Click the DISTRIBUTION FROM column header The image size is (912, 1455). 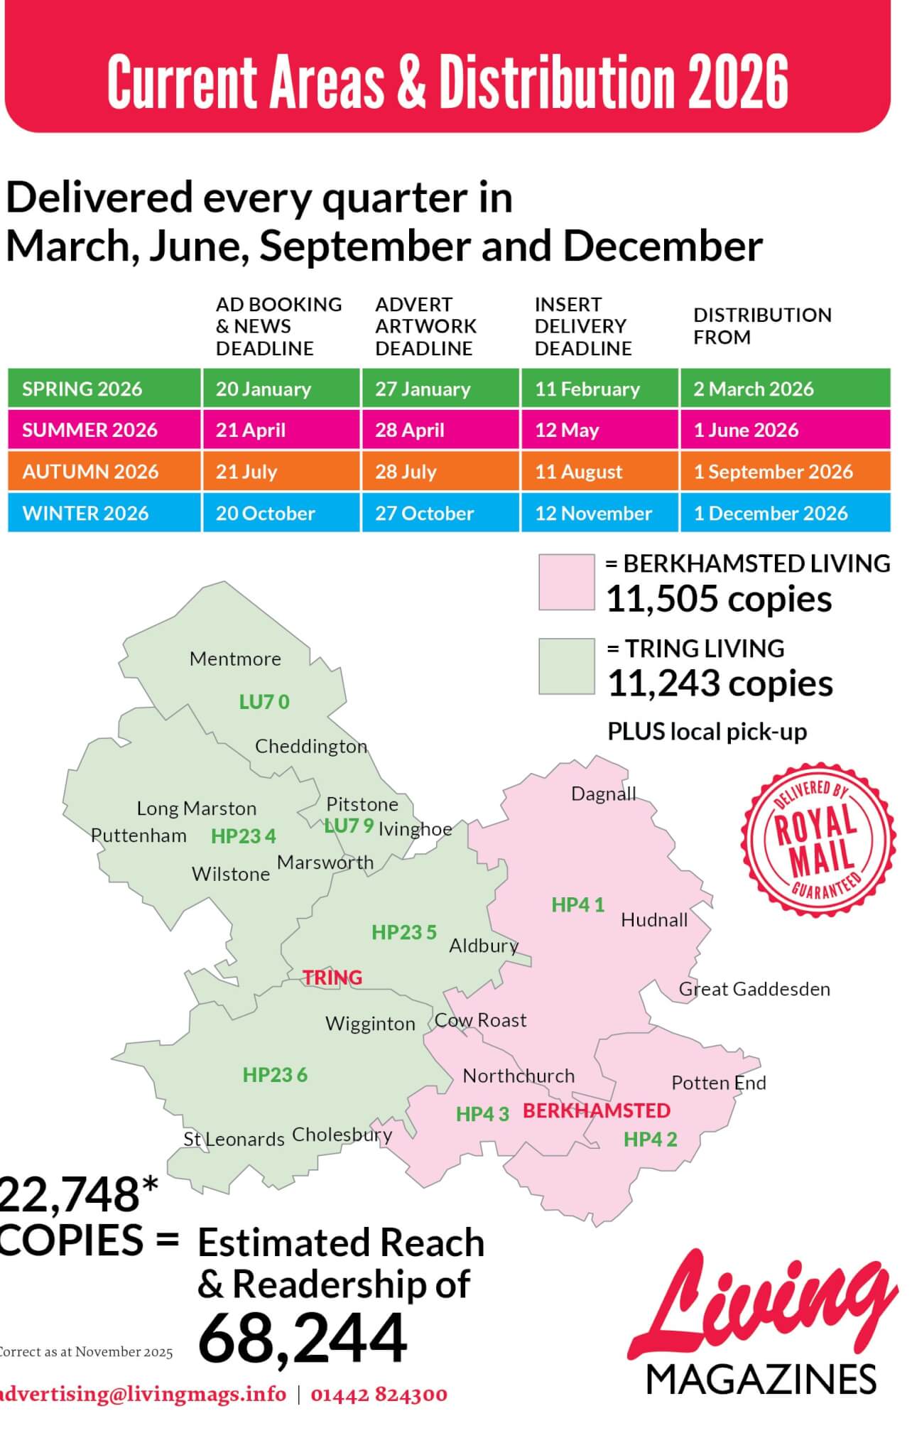click(762, 326)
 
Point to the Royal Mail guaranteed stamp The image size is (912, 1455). click(818, 840)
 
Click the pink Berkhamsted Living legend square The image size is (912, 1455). click(566, 583)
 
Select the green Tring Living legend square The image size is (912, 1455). click(566, 666)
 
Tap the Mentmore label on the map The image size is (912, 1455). click(235, 659)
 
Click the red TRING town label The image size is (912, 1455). click(332, 978)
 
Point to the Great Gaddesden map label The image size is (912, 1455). click(754, 989)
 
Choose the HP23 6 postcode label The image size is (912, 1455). click(275, 1075)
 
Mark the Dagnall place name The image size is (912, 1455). click(603, 794)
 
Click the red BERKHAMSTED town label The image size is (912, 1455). click(597, 1110)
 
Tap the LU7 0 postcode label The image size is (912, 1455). click(264, 702)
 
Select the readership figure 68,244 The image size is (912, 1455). click(303, 1338)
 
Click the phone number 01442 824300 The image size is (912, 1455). click(379, 1395)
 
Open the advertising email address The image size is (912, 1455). click(142, 1395)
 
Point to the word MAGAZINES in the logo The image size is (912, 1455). click(761, 1380)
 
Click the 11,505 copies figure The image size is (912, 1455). click(718, 599)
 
